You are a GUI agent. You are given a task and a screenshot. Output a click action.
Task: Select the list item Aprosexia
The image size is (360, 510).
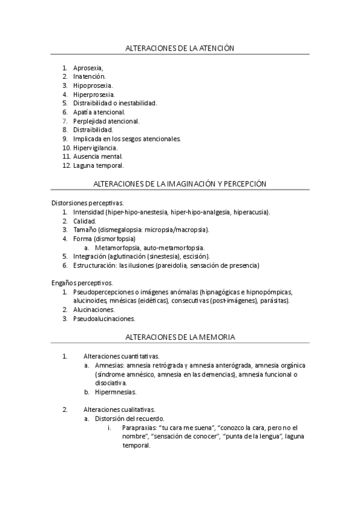tap(88, 67)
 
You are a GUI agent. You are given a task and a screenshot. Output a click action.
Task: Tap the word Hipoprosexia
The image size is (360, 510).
tap(93, 85)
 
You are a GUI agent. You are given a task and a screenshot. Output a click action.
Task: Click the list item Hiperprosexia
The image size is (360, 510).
tap(94, 94)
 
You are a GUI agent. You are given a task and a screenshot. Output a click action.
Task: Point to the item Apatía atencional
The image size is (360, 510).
tap(99, 112)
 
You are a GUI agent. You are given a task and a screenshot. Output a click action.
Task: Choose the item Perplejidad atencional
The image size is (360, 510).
tap(106, 121)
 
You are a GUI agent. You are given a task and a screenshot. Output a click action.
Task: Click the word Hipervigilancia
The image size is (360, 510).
tap(96, 147)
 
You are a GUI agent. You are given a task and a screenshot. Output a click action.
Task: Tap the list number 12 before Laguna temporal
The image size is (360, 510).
tap(66, 165)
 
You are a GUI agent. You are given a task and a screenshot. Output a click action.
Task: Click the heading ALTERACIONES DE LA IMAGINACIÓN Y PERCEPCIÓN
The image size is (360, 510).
tap(180, 183)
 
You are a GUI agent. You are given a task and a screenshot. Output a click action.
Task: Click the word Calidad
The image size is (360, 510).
tap(84, 221)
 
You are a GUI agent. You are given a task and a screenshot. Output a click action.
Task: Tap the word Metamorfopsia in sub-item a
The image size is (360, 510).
tap(115, 247)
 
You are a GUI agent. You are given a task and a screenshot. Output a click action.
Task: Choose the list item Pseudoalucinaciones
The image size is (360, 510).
tap(104, 319)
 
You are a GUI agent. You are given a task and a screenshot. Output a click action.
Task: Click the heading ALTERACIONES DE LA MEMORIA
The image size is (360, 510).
tap(179, 337)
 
